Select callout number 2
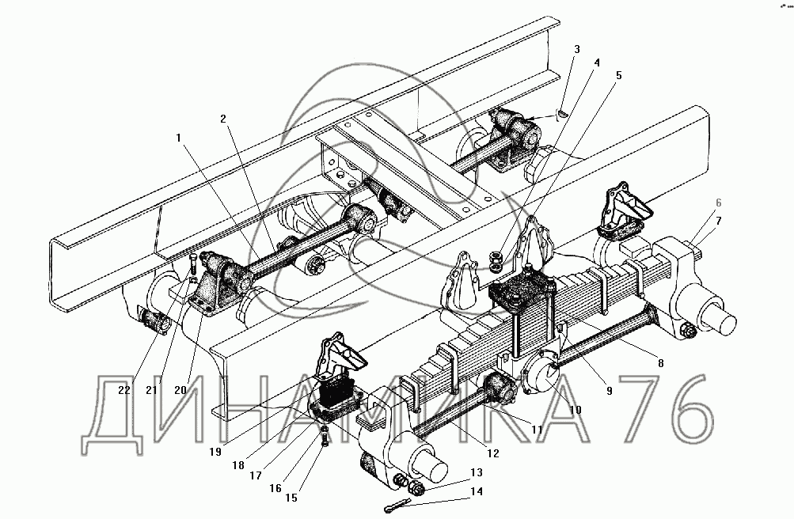(x=224, y=119)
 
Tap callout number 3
(x=577, y=49)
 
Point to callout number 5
(x=619, y=76)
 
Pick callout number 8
(x=659, y=363)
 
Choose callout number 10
(x=575, y=410)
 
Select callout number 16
(x=275, y=488)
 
